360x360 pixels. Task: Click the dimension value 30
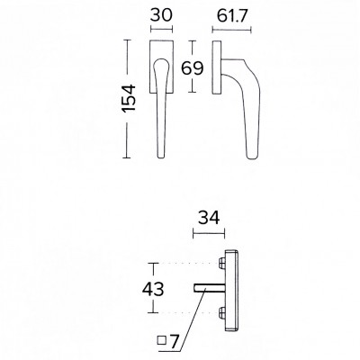tap(161, 15)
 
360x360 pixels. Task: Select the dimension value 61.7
tap(231, 15)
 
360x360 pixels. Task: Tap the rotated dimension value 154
tap(130, 99)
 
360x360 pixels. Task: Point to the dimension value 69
tap(193, 68)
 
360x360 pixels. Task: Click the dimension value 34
tap(209, 218)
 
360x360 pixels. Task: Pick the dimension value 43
tap(153, 289)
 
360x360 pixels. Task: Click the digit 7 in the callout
tap(175, 341)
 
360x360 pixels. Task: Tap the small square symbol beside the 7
tap(162, 340)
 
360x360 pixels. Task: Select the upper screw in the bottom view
tap(222, 264)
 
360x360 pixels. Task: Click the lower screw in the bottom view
tap(222, 312)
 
